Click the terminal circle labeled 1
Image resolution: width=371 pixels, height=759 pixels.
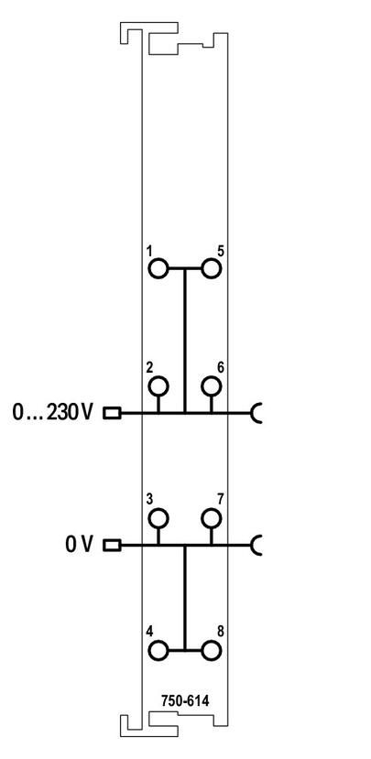pyautogui.click(x=158, y=267)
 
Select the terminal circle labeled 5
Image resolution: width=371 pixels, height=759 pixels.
pyautogui.click(x=212, y=267)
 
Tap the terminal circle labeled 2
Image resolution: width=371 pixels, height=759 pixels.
pyautogui.click(x=158, y=386)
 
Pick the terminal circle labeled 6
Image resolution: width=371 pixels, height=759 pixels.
pyautogui.click(x=212, y=386)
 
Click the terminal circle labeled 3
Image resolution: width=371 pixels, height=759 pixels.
pyautogui.click(x=158, y=518)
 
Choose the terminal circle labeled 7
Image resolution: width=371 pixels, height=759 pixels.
pyautogui.click(x=212, y=518)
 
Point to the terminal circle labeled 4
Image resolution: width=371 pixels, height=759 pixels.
pyautogui.click(x=158, y=651)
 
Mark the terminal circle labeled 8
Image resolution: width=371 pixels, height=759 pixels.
pyautogui.click(x=212, y=651)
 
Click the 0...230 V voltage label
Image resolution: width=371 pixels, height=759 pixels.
pyautogui.click(x=52, y=413)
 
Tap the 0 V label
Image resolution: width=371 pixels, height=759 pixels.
pyautogui.click(x=79, y=545)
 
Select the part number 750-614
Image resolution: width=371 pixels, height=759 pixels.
pyautogui.click(x=185, y=701)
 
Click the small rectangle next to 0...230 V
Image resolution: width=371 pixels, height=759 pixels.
pyautogui.click(x=112, y=413)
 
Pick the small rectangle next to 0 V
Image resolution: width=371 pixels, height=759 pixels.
pyautogui.click(x=112, y=545)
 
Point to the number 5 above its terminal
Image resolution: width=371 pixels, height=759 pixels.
pyautogui.click(x=221, y=251)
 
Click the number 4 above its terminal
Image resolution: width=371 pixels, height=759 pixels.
pyautogui.click(x=149, y=632)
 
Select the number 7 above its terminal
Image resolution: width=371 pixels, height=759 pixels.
pyautogui.click(x=221, y=500)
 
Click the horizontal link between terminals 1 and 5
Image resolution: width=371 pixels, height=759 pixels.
pyautogui.click(x=184, y=267)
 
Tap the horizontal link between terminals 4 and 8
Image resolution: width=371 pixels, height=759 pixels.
pyautogui.click(x=184, y=651)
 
